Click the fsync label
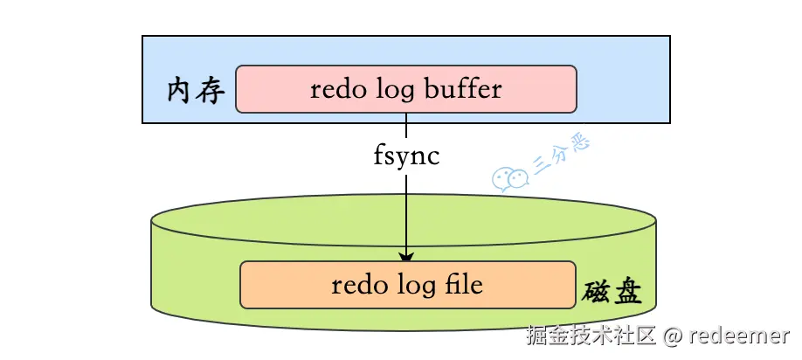click(406, 156)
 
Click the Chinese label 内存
click(196, 92)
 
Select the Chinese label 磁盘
click(612, 292)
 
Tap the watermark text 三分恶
click(562, 154)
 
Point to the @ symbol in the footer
click(672, 336)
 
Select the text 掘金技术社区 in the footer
click(591, 336)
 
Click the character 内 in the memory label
click(181, 92)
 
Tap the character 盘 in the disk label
click(627, 293)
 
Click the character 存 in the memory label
click(211, 92)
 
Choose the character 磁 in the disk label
click(597, 292)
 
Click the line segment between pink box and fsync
click(406, 125)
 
